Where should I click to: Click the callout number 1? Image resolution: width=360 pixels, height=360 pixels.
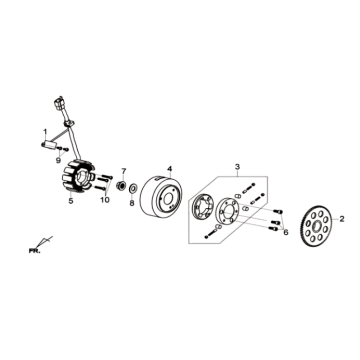tap(44, 131)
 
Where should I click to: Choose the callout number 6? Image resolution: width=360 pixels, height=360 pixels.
tap(285, 232)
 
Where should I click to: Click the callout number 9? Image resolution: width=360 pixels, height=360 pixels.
tap(58, 159)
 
